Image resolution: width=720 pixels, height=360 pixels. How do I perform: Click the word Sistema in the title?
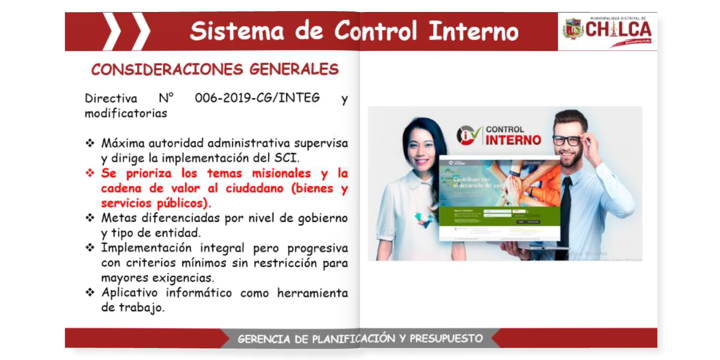pyautogui.click(x=237, y=32)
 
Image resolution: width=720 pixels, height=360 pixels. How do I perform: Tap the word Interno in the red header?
pyautogui.click(x=474, y=32)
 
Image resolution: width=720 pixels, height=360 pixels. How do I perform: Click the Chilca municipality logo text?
pyautogui.click(x=619, y=30)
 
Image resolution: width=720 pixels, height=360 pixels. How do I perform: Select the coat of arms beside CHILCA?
pyautogui.click(x=573, y=29)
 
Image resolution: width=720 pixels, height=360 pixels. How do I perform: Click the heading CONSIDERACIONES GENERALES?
pyautogui.click(x=215, y=70)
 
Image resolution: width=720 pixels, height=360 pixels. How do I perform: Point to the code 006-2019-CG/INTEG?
pyautogui.click(x=257, y=98)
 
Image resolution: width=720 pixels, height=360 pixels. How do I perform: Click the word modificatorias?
pyautogui.click(x=126, y=114)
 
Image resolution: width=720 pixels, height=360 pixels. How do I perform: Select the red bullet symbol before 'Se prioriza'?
pyautogui.click(x=90, y=173)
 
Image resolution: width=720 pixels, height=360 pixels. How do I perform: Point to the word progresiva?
pyautogui.click(x=318, y=248)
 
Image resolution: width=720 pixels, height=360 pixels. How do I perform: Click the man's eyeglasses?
pyautogui.click(x=566, y=141)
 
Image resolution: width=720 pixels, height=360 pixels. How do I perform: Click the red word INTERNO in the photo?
pyautogui.click(x=514, y=141)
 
